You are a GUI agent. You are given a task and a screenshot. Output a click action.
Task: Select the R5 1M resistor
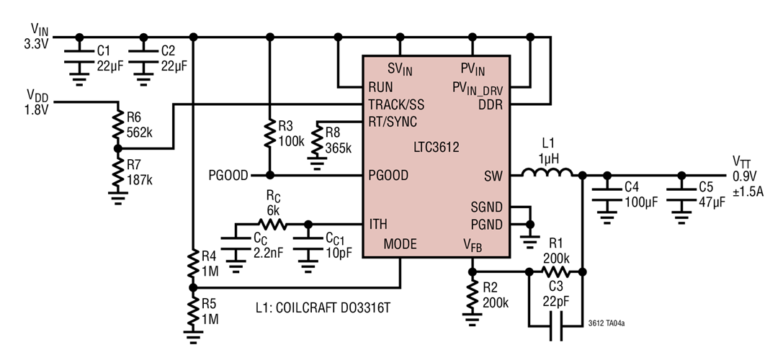pyautogui.click(x=192, y=311)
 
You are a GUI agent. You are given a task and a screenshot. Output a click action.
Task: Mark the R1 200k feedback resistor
pyautogui.click(x=556, y=272)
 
